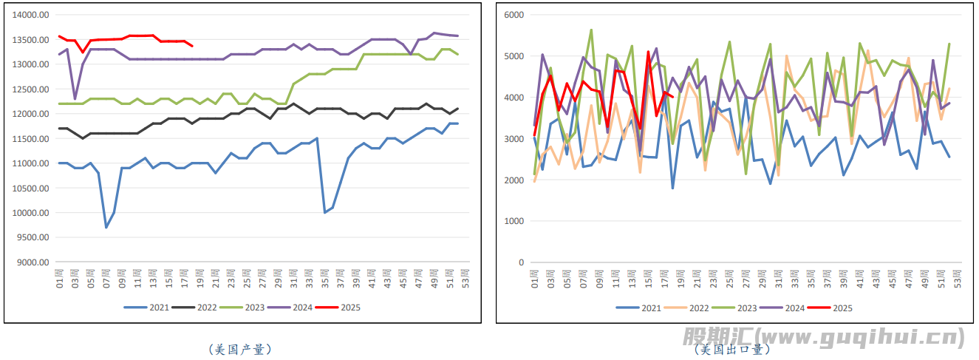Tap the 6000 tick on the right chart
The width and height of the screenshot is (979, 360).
pyautogui.click(x=513, y=15)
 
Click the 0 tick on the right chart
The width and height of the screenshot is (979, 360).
pyautogui.click(x=520, y=262)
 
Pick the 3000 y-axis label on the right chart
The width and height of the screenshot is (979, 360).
pyautogui.click(x=513, y=139)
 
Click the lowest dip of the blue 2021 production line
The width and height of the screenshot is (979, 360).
pyautogui.click(x=106, y=227)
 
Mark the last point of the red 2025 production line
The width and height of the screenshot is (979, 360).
pyautogui.click(x=192, y=46)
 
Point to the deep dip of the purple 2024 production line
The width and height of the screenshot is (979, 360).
pyautogui.click(x=75, y=98)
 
